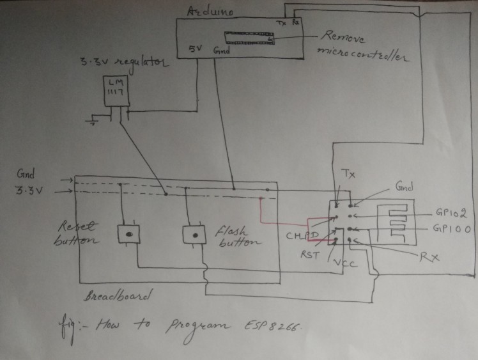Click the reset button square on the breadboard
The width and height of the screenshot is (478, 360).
pyautogui.click(x=128, y=234)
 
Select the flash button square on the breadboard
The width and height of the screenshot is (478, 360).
pyautogui.click(x=194, y=235)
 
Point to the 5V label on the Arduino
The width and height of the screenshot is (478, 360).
pyautogui.click(x=195, y=49)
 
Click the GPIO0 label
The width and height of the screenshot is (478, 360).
pyautogui.click(x=452, y=228)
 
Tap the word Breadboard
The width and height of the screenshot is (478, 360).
pyautogui.click(x=119, y=297)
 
